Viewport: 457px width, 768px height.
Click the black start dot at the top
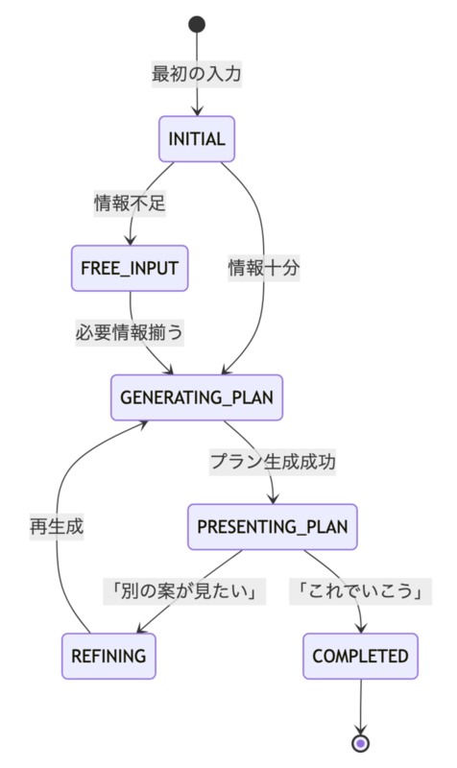(x=197, y=24)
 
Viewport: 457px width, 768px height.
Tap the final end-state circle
(x=360, y=743)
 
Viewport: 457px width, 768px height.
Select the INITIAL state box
(x=197, y=139)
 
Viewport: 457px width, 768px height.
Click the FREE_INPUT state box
(x=130, y=269)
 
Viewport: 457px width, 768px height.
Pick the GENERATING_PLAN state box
(x=197, y=397)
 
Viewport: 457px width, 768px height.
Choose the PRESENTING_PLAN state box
(x=273, y=527)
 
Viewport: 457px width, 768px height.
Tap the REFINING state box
(x=108, y=657)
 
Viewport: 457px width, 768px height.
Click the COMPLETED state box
(x=360, y=657)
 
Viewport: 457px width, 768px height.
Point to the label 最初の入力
(x=197, y=74)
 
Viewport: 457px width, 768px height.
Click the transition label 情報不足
(x=130, y=204)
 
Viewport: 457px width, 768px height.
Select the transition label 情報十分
(x=263, y=268)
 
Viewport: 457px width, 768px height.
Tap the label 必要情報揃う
(x=130, y=332)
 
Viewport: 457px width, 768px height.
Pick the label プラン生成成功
(x=273, y=462)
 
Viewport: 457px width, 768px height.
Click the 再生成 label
(x=57, y=526)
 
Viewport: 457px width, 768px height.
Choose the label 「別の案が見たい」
(x=184, y=591)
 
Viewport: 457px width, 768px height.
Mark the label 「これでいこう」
(x=360, y=591)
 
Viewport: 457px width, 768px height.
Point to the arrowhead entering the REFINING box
(x=142, y=628)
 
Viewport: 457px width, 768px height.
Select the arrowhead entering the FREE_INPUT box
(x=130, y=240)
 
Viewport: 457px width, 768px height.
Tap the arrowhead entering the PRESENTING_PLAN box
(x=273, y=498)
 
